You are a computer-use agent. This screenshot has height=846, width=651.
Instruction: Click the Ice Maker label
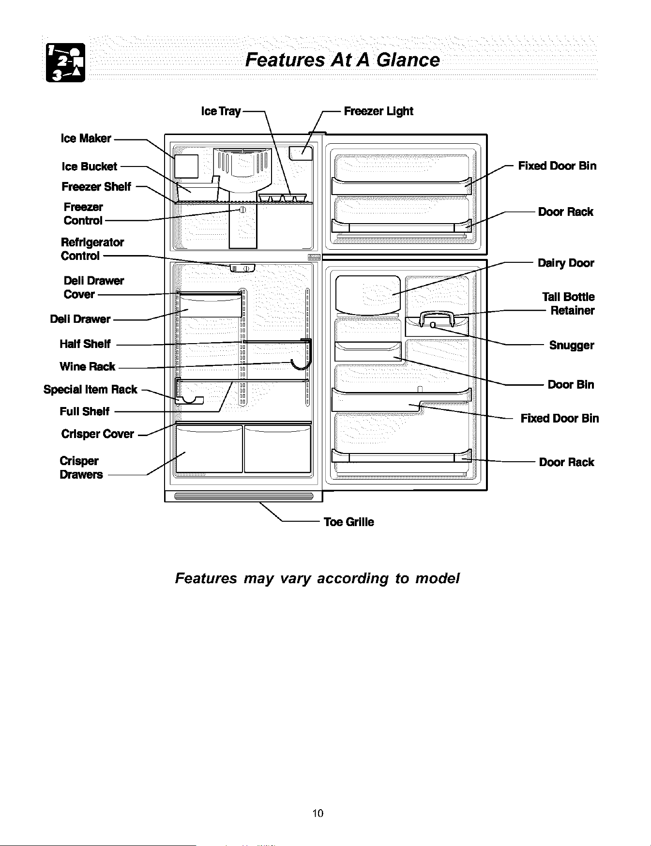point(86,138)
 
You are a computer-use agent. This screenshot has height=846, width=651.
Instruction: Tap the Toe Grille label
point(349,522)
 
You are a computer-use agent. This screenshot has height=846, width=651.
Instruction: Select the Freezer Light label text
point(378,111)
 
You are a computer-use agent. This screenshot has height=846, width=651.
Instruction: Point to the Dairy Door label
point(566,263)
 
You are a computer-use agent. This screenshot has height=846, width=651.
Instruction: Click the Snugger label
point(571,346)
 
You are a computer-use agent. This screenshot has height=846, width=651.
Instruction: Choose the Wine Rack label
point(88,366)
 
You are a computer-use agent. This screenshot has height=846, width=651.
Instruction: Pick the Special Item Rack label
point(91,390)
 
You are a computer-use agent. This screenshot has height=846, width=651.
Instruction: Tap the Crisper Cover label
point(98,434)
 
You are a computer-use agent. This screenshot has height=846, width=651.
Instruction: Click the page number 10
point(318,813)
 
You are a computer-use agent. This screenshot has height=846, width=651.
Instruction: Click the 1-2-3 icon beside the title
point(65,62)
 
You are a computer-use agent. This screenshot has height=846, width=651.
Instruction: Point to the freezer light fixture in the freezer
point(301,153)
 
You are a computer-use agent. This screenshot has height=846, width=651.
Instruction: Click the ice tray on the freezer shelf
point(283,197)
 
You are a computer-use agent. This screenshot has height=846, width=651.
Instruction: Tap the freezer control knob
point(242,209)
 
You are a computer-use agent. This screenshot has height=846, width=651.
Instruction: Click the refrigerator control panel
point(241,269)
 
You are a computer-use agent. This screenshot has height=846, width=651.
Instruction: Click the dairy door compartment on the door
point(368,294)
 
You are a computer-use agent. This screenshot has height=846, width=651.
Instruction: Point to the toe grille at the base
point(243,496)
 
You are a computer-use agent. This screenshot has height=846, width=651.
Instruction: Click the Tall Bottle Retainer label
point(569,303)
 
